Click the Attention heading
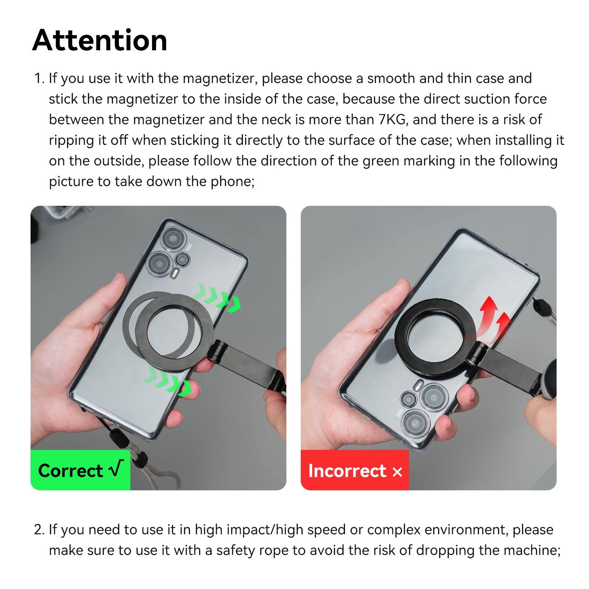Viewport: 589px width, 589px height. tap(99, 40)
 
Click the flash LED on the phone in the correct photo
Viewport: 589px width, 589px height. tap(176, 274)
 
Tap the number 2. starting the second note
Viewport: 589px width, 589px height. tap(39, 530)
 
